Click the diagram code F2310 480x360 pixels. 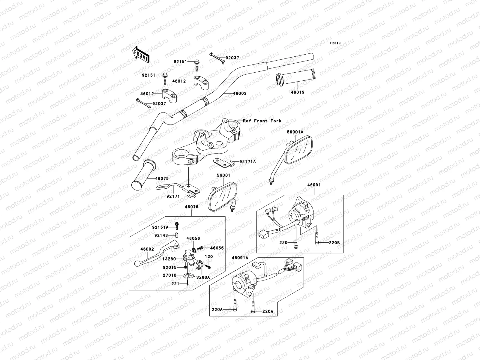335,43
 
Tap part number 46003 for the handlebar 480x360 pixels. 240,94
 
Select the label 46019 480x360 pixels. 297,92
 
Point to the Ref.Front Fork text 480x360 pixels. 262,121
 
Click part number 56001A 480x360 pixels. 295,132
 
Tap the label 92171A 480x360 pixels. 247,162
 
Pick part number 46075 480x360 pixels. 162,178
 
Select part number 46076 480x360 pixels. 191,207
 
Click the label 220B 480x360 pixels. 334,242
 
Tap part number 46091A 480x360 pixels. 240,258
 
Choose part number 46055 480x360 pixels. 217,248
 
